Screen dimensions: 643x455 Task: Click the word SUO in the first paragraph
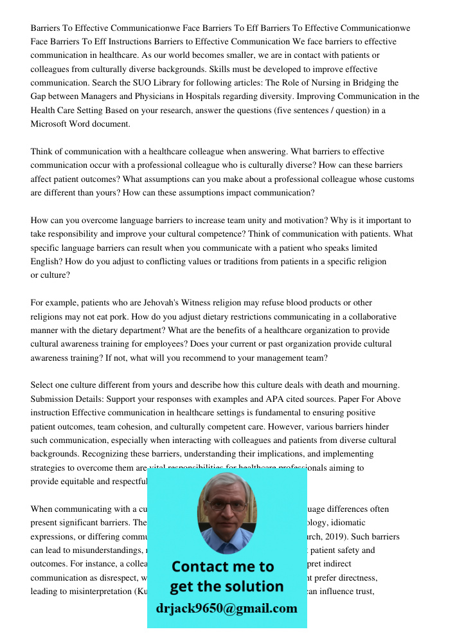tap(153, 83)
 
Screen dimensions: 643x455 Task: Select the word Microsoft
tap(52, 124)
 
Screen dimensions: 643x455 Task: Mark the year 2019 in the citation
tap(368, 536)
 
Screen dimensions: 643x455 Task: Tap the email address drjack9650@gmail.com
tap(227, 608)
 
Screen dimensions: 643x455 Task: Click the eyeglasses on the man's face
tap(227, 505)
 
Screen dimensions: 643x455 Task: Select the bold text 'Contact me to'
tap(223, 567)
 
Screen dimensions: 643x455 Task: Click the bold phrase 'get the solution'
tap(226, 586)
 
